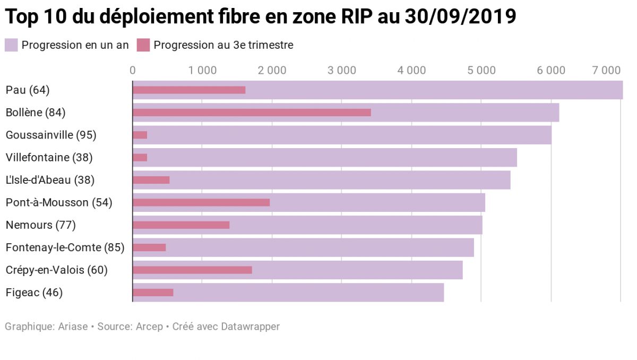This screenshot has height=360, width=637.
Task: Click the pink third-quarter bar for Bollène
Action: (252, 113)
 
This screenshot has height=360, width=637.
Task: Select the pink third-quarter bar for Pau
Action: (189, 90)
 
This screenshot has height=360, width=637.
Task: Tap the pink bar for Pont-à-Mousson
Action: (201, 202)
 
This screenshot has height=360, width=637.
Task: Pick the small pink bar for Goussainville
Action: (140, 135)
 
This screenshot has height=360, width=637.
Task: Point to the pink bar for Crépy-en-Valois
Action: (192, 270)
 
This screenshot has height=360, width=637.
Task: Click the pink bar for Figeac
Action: (153, 292)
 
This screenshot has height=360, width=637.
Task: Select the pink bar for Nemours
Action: (181, 225)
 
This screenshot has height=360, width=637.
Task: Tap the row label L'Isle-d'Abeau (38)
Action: (50, 180)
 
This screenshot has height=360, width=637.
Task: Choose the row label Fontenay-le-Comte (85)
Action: (65, 247)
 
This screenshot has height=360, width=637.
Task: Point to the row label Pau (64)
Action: (27, 90)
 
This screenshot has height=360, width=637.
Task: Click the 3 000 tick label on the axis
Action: (342, 70)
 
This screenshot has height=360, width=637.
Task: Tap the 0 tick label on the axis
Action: (132, 70)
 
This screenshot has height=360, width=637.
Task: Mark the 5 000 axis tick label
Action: (481, 70)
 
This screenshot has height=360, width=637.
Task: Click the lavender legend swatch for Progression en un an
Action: (12, 45)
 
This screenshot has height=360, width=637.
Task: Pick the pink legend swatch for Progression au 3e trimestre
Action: (143, 45)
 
